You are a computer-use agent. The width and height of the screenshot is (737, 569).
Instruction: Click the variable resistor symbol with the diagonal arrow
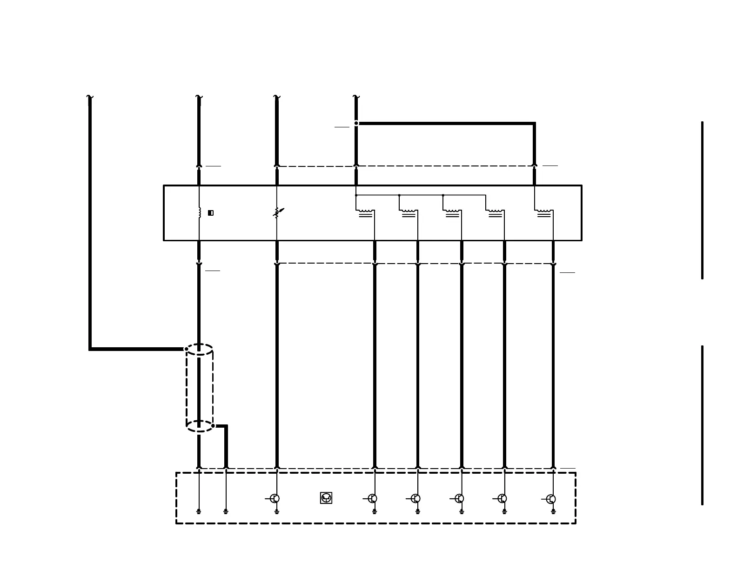tap(277, 213)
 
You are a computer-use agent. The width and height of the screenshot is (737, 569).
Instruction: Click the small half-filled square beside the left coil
tap(211, 213)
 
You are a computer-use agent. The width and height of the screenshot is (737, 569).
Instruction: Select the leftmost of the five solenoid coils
tap(365, 213)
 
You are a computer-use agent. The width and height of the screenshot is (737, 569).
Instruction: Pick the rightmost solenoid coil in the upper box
tap(544, 213)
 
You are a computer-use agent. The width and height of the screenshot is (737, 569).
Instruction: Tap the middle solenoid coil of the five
tap(452, 213)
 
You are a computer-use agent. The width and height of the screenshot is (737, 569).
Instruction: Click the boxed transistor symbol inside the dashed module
tap(326, 498)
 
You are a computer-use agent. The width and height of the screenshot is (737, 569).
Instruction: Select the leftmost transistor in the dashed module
tap(275, 498)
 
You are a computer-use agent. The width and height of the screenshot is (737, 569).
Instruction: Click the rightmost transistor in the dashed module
tap(551, 499)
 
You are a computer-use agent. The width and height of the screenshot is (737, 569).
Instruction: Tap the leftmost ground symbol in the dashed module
tap(199, 511)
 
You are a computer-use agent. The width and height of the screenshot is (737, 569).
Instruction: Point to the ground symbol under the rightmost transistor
tap(553, 511)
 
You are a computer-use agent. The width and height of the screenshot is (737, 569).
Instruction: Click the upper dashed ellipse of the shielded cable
tap(200, 350)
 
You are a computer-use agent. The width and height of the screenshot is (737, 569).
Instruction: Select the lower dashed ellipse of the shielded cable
tap(200, 426)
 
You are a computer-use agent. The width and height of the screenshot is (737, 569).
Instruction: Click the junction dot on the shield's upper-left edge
tap(187, 349)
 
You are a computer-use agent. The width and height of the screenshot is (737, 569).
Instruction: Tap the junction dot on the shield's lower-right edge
tap(213, 425)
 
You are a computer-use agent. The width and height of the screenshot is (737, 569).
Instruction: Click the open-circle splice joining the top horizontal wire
tap(356, 123)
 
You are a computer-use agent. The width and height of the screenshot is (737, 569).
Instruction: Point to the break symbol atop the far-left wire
tap(90, 97)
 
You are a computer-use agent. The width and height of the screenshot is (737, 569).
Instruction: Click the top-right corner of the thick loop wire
tap(534, 124)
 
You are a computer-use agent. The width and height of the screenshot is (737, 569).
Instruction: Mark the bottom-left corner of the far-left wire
tap(90, 349)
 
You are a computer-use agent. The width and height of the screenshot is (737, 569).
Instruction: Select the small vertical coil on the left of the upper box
tap(200, 212)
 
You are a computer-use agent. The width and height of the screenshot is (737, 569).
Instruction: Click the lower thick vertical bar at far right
tap(702, 425)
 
